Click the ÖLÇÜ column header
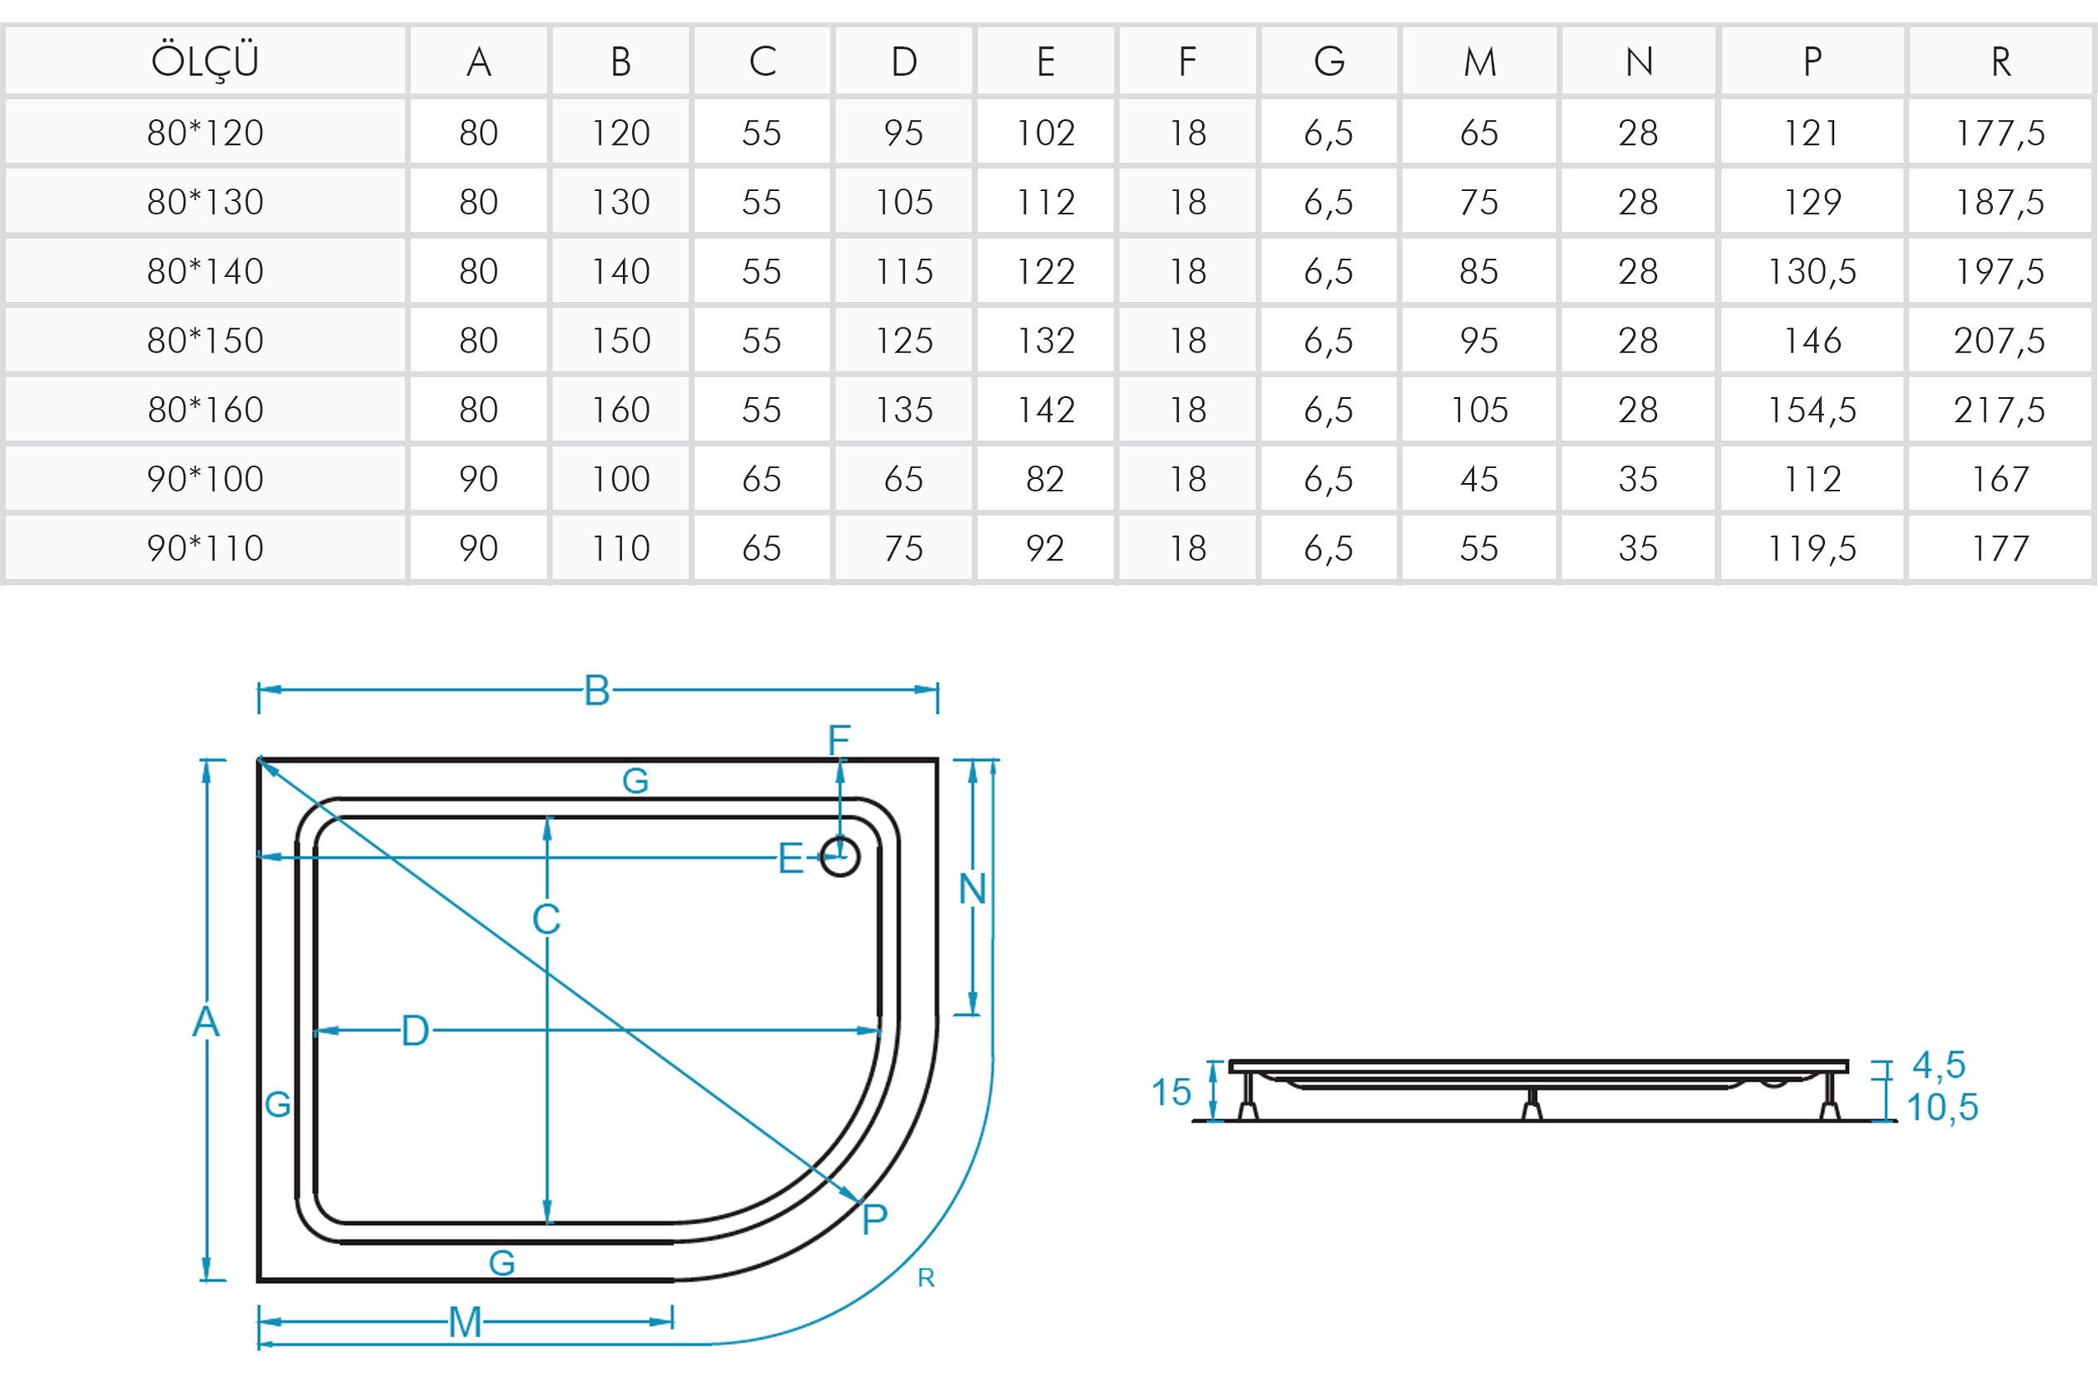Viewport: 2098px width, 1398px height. pos(205,61)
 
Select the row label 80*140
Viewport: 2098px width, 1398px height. pos(205,271)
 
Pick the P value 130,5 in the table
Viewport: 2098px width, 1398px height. pos(1812,271)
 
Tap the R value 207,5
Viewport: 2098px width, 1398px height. pos(2000,341)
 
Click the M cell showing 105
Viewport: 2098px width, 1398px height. pos(1479,410)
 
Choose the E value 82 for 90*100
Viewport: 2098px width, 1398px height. pos(1045,480)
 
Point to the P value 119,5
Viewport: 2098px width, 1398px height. pos(1812,548)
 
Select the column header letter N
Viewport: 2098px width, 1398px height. pos(1639,61)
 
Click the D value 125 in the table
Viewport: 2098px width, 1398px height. pos(904,341)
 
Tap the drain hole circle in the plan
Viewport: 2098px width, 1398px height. pos(840,857)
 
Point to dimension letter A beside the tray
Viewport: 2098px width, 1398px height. pos(206,1022)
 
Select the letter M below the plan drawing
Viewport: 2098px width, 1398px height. pos(465,1322)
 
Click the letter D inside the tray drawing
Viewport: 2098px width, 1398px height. pos(415,1031)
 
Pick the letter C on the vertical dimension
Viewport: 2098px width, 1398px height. pos(547,919)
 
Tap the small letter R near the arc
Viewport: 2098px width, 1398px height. pos(927,1277)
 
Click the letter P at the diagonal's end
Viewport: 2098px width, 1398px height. pos(874,1218)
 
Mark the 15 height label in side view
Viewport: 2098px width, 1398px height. pos(1171,1092)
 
